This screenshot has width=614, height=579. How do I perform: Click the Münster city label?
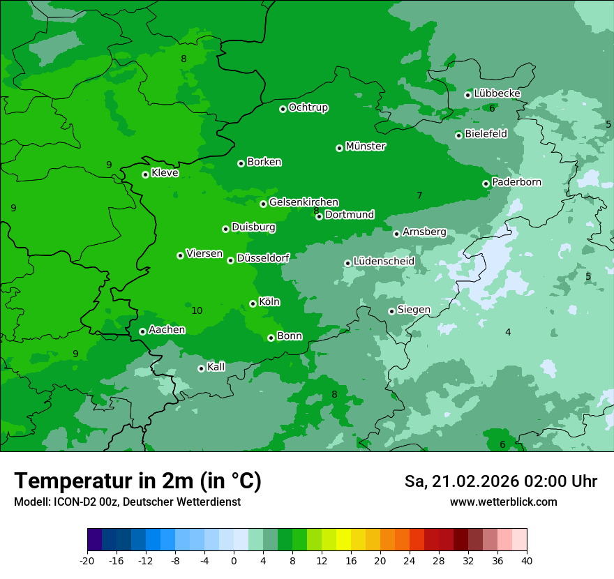(x=366, y=146)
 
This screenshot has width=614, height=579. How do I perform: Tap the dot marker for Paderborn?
(x=486, y=183)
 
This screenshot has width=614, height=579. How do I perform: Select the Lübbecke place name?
(x=497, y=93)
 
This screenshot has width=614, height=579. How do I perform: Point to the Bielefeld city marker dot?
(x=459, y=135)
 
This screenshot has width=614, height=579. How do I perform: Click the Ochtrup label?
(x=308, y=107)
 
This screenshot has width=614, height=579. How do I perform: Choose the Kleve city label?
(x=165, y=173)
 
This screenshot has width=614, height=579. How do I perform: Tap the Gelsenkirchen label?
(x=304, y=202)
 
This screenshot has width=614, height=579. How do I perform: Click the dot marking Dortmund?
(x=320, y=216)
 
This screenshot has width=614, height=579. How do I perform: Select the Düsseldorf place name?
(x=263, y=258)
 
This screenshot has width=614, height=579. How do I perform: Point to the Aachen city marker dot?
(x=143, y=331)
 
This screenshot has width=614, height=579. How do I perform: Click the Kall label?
(x=216, y=367)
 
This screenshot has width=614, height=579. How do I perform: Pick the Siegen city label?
(x=414, y=310)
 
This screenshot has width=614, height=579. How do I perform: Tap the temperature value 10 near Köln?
(x=197, y=310)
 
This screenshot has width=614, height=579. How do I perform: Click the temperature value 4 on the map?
(x=508, y=332)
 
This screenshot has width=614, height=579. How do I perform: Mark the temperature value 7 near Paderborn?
(x=419, y=195)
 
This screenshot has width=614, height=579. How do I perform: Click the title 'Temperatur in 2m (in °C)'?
(x=137, y=481)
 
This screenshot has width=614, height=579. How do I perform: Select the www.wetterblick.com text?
(x=503, y=502)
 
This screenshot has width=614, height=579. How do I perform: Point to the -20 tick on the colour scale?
(x=87, y=560)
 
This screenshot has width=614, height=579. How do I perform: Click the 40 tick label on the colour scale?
(x=527, y=560)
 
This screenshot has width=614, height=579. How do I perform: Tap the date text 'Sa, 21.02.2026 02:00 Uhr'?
(x=500, y=481)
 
